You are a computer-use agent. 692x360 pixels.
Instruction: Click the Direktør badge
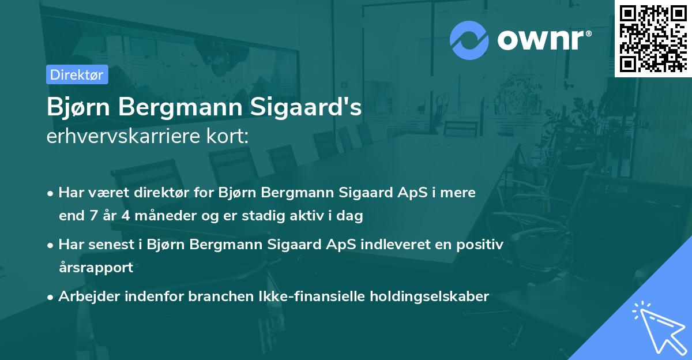[77, 74]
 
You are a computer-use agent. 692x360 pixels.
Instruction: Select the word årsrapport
[96, 267]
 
